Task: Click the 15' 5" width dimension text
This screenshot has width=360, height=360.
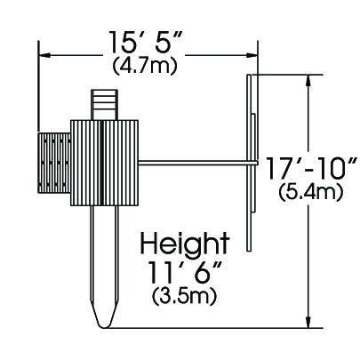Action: (x=145, y=41)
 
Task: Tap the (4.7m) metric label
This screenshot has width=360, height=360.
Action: (x=145, y=66)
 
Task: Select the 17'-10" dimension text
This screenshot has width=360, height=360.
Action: (x=311, y=168)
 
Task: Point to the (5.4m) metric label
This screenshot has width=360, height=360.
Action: (x=311, y=193)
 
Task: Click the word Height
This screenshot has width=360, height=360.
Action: (x=185, y=243)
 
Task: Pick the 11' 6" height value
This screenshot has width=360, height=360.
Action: (x=185, y=272)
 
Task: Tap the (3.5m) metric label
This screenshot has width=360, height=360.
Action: (x=184, y=297)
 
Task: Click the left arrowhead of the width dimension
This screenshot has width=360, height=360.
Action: (x=44, y=55)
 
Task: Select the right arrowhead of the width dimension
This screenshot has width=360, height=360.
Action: (x=251, y=55)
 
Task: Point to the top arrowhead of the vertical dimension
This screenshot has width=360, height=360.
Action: (x=309, y=81)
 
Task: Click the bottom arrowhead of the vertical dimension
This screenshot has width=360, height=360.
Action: (x=309, y=322)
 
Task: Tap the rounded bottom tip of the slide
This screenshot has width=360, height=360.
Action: (x=104, y=326)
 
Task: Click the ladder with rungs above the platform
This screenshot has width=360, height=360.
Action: (x=105, y=105)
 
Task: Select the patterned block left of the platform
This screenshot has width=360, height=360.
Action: (x=54, y=163)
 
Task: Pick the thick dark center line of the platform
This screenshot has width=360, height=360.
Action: (x=101, y=163)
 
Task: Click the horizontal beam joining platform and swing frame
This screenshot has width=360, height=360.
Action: (x=197, y=162)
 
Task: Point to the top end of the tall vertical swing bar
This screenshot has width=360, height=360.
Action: (x=249, y=75)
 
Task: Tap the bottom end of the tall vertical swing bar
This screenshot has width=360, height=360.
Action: (x=249, y=251)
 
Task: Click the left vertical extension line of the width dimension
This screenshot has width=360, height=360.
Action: (x=38, y=86)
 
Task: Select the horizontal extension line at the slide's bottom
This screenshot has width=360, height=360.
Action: (x=214, y=328)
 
